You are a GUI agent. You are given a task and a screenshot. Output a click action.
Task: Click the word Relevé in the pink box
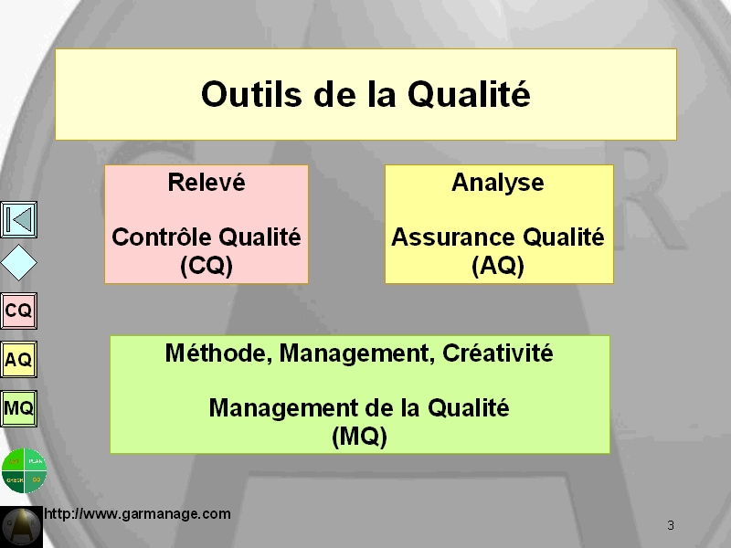[x=207, y=182]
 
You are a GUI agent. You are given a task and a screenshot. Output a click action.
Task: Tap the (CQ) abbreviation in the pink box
[x=207, y=266]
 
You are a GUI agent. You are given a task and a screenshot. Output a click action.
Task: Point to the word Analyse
[x=497, y=183]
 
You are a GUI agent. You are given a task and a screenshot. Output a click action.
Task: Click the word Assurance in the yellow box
[x=454, y=237]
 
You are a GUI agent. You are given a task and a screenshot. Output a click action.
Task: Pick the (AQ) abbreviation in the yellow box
[x=498, y=266]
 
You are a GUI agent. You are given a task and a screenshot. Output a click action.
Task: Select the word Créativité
[x=497, y=353]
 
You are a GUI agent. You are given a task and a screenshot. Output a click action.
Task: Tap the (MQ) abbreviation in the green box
[x=359, y=437]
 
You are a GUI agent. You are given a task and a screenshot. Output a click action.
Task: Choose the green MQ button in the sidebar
[x=18, y=408]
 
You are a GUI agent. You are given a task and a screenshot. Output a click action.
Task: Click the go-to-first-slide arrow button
[x=18, y=219]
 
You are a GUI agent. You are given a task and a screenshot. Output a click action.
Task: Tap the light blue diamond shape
[x=18, y=263]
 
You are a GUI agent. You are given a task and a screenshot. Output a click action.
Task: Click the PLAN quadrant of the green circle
[x=36, y=460]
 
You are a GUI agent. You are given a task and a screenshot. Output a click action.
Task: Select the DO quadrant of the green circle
[x=36, y=481]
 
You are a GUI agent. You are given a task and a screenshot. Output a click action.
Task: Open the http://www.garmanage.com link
[x=137, y=514]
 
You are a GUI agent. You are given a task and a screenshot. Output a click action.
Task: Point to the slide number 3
[x=671, y=526]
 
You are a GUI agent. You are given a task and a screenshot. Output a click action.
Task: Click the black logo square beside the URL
[x=21, y=527]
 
